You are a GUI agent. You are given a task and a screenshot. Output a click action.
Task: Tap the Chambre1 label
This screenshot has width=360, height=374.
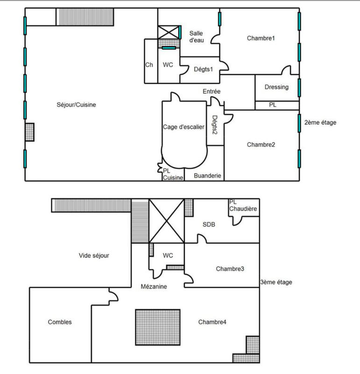pos(261,38)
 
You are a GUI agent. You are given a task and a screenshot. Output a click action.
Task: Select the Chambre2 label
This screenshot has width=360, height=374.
pos(261,144)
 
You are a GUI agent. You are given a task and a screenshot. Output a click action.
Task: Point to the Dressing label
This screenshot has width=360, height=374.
pos(276,87)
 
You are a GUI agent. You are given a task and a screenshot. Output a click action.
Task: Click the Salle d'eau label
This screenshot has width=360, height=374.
pos(196,36)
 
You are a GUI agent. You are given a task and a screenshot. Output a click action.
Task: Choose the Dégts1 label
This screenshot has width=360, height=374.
pos(203,69)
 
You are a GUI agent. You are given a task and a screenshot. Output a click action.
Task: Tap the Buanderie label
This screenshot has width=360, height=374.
pos(207,176)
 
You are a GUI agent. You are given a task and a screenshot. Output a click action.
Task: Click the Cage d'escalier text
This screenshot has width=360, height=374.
pos(184,127)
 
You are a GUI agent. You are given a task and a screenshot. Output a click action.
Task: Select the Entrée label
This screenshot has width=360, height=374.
pos(211,91)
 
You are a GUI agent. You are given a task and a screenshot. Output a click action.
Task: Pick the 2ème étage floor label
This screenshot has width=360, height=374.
pos(320,122)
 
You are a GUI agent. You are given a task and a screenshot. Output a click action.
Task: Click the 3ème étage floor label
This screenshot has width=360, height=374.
pos(276,282)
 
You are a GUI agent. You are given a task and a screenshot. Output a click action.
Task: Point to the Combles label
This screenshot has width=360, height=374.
pos(60,322)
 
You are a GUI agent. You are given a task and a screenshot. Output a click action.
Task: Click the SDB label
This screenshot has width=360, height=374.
pos(209,224)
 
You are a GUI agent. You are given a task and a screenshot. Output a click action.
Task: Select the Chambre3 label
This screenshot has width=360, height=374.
pos(231,269)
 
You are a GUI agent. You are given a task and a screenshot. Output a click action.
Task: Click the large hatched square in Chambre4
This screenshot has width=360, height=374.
pos(158,327)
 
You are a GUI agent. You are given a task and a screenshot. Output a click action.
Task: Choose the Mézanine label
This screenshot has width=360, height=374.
pos(154,287)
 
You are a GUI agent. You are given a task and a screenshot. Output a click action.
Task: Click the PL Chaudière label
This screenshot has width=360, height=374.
pos(243,205)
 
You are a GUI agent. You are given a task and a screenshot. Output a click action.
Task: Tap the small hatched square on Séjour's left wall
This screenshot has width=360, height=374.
pos(30,132)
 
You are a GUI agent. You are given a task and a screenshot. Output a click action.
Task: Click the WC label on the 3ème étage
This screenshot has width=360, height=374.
pos(168,255)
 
